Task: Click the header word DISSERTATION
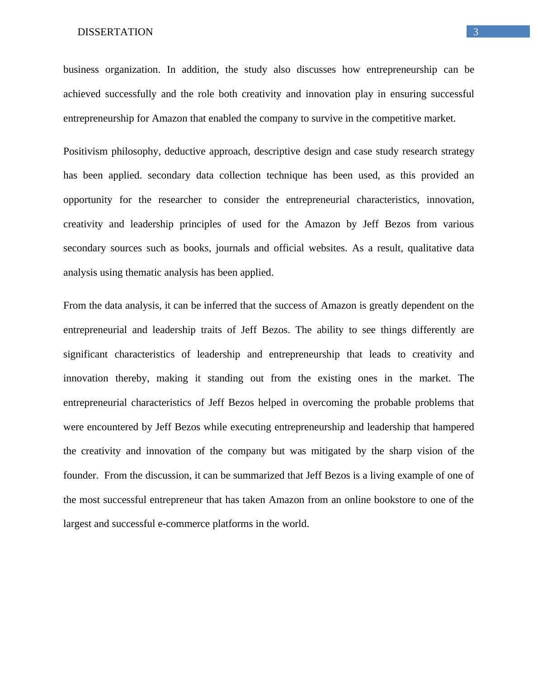115,32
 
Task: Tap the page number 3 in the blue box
476,32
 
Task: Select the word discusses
316,70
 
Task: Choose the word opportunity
88,200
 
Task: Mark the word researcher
180,200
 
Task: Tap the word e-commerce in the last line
184,524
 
